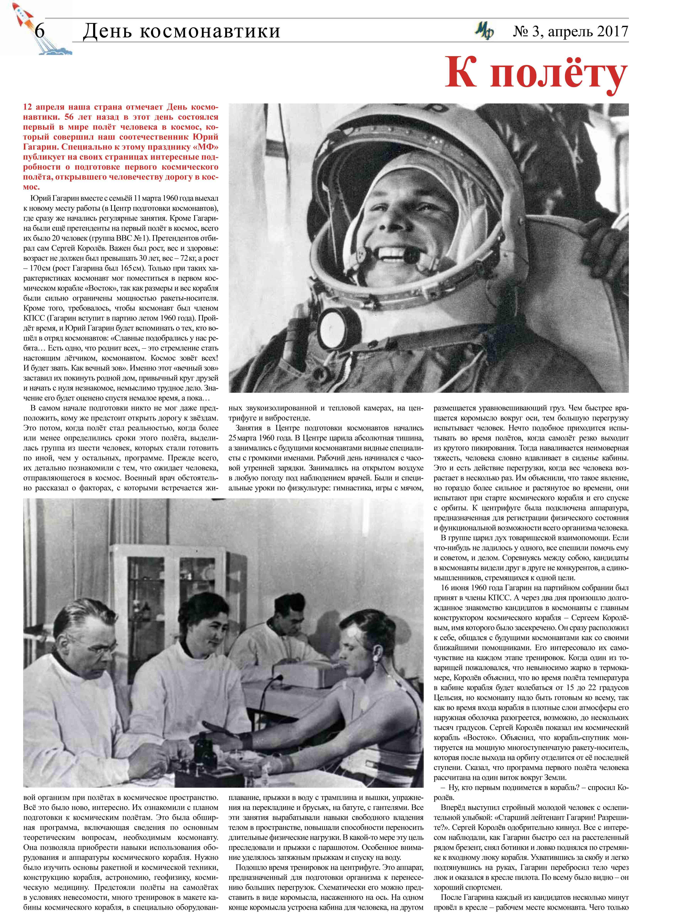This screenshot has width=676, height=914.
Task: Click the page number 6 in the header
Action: [x=40, y=31]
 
